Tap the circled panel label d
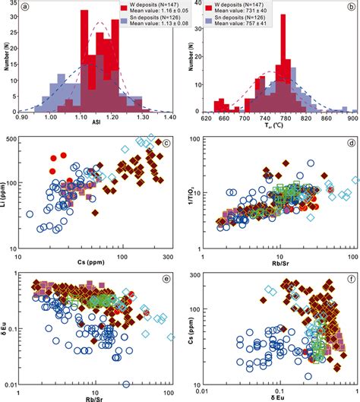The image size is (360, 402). (x=344, y=141)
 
